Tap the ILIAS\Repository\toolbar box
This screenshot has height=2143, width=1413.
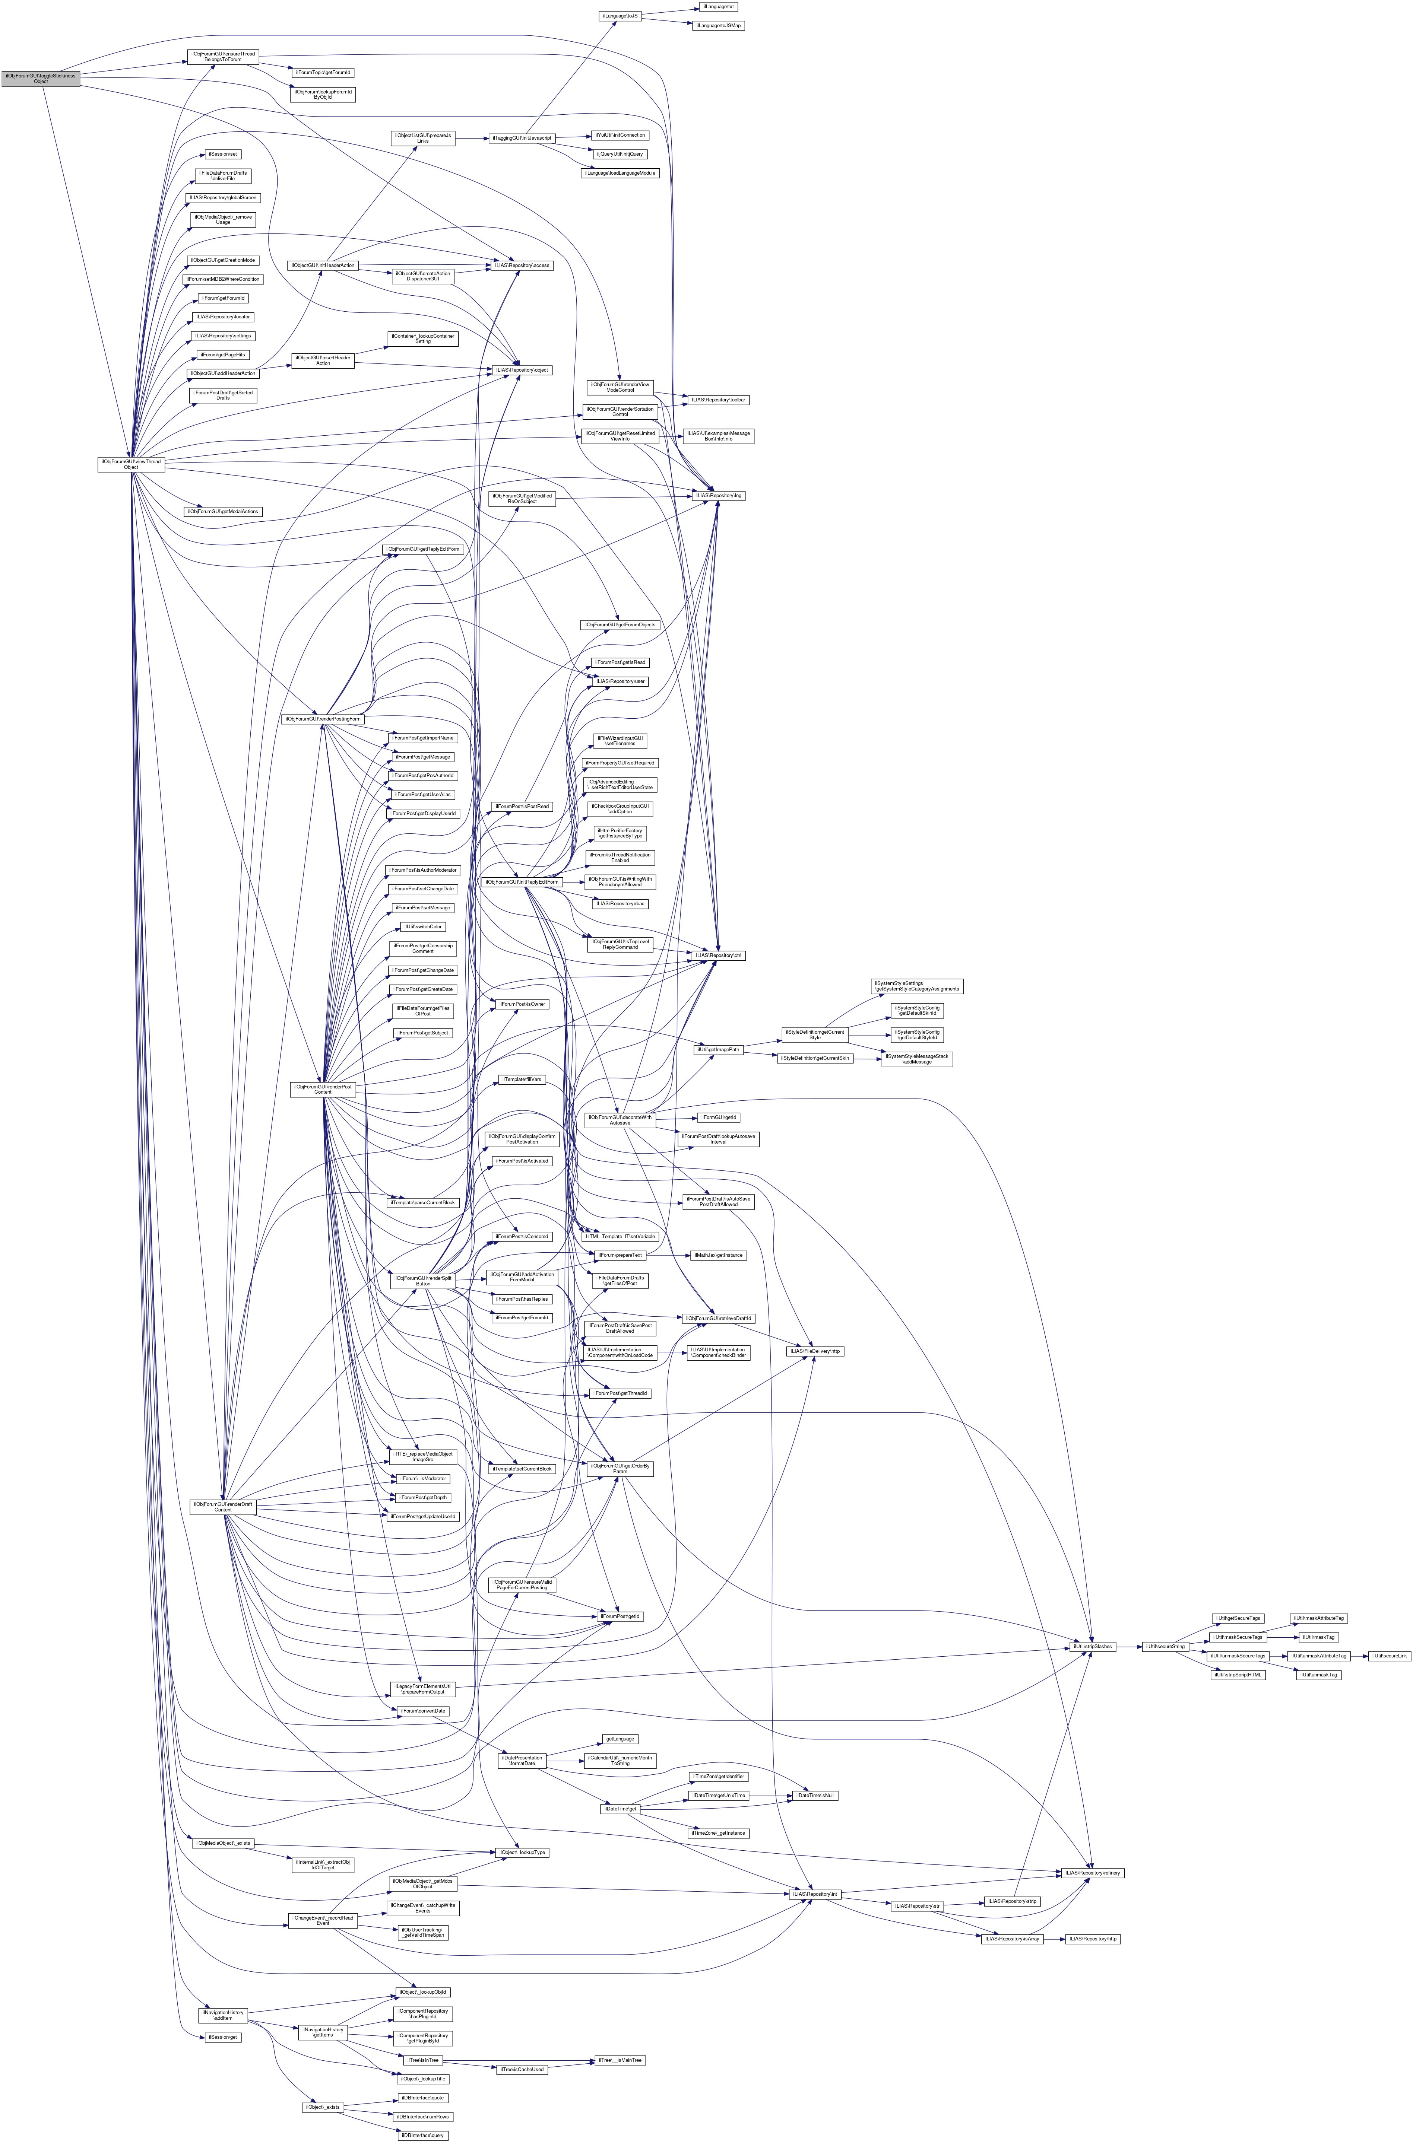(717, 399)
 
